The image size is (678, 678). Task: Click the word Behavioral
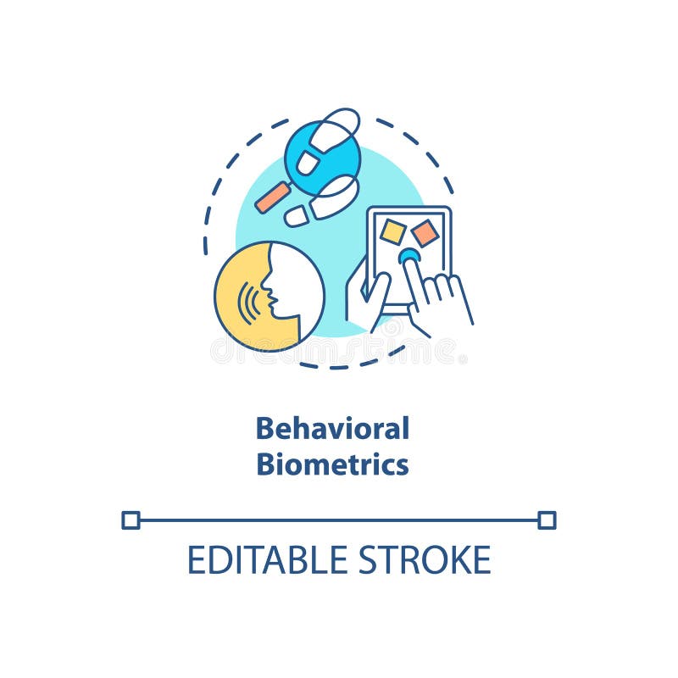pos(332,428)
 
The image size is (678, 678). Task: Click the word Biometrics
pos(332,464)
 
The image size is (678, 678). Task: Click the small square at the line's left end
pos(130,520)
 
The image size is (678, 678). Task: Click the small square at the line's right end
pos(547,520)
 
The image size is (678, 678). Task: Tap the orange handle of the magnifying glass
pos(273,197)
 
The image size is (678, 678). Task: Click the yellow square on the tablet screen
pos(392,231)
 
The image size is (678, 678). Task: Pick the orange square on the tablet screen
pos(425,233)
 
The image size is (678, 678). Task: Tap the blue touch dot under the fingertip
pos(409,255)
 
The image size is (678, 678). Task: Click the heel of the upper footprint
pos(307,164)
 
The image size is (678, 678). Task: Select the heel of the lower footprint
pos(297,216)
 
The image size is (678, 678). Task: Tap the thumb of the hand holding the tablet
pos(373,292)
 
